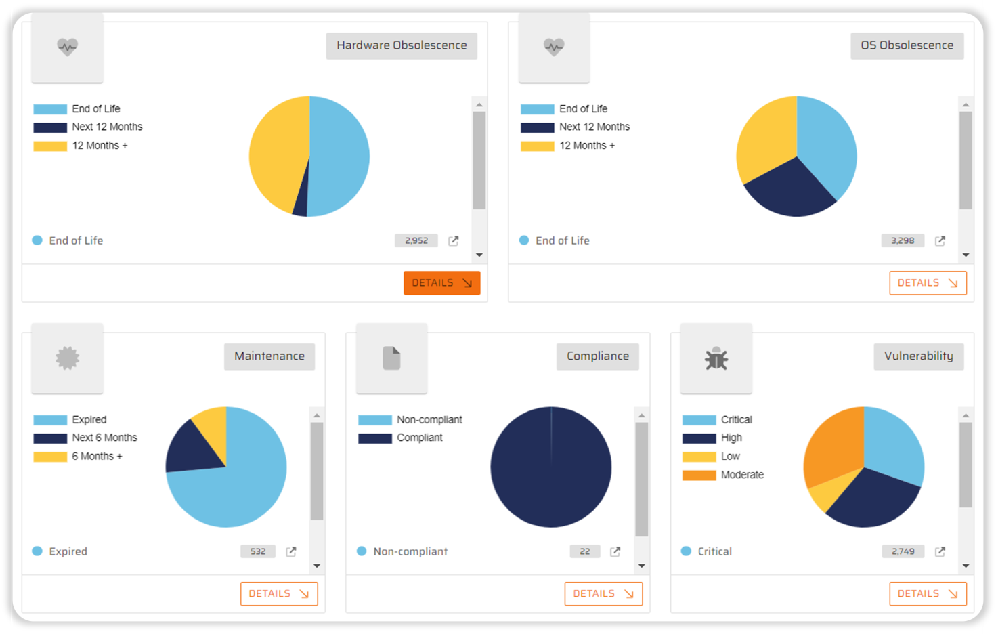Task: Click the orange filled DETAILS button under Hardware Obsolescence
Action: click(441, 283)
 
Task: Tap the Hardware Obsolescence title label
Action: click(402, 45)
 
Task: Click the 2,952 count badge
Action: click(416, 240)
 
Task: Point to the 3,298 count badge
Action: click(903, 240)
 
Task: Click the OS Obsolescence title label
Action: click(907, 45)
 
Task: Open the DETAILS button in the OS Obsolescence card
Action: click(928, 283)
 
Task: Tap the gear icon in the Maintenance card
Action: click(68, 358)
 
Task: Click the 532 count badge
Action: click(258, 551)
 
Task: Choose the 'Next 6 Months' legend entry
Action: click(104, 438)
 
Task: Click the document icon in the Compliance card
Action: click(391, 358)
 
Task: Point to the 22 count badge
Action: click(585, 551)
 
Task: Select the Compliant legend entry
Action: click(419, 438)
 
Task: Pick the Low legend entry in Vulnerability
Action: click(730, 457)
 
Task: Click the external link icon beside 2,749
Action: click(940, 551)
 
